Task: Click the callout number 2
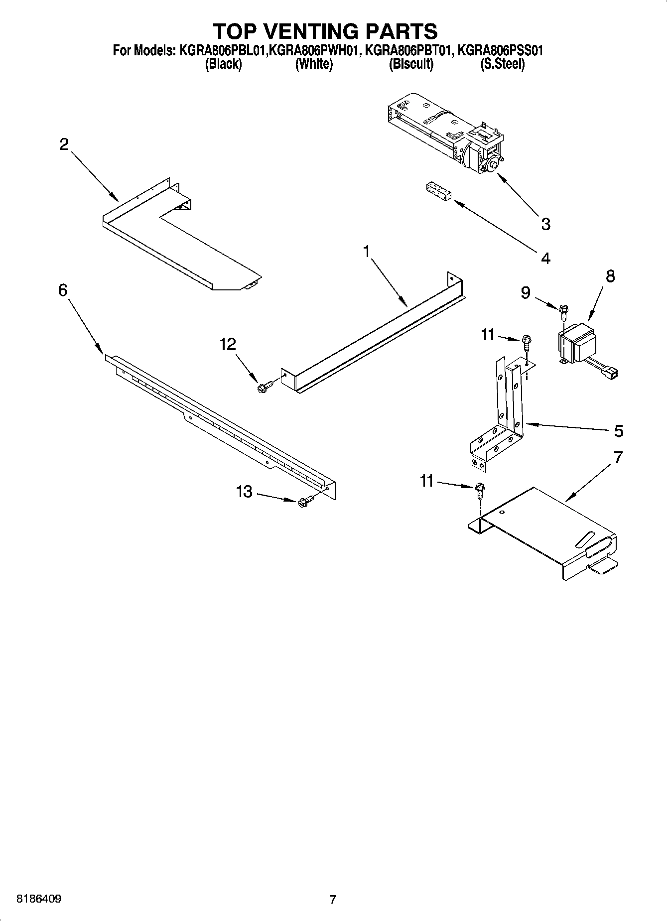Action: click(x=64, y=144)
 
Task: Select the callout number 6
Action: click(x=63, y=290)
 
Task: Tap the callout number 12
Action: click(x=228, y=344)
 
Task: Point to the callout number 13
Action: click(x=244, y=492)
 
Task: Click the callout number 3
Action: click(x=545, y=224)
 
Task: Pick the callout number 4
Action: click(x=545, y=258)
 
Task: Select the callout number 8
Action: click(x=610, y=276)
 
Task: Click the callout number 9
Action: click(x=526, y=293)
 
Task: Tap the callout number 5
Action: click(x=618, y=431)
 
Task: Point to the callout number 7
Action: click(x=618, y=457)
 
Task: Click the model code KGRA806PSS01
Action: click(x=500, y=50)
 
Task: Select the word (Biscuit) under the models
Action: click(x=411, y=64)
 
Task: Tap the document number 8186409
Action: click(x=39, y=899)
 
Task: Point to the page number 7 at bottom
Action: click(x=333, y=900)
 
